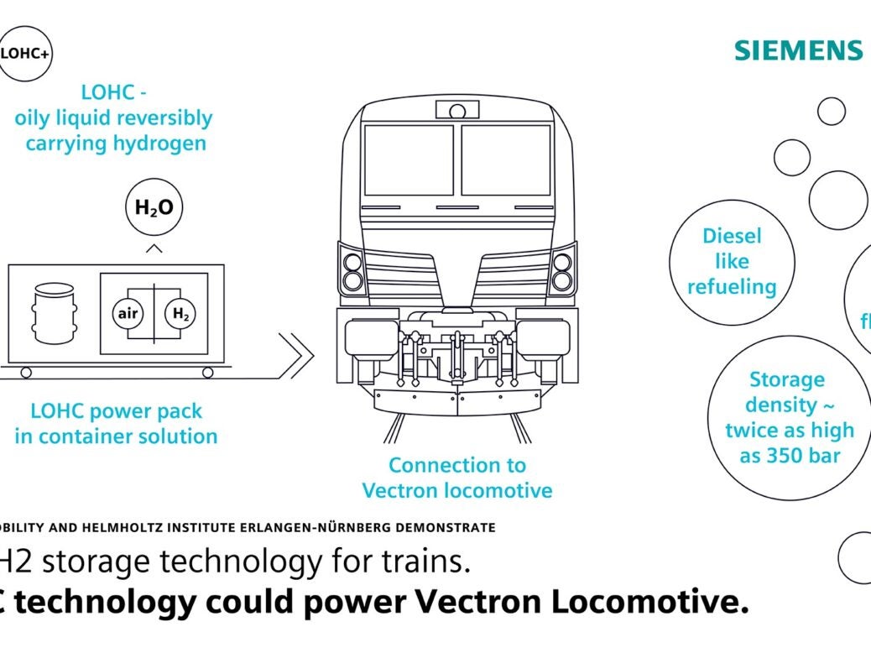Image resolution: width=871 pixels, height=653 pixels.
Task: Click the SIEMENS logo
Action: coord(798,50)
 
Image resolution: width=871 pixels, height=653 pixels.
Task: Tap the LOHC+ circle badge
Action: coord(24,52)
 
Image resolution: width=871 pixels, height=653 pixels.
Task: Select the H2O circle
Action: coord(154,206)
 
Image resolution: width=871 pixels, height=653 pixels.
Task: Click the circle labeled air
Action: coord(128,314)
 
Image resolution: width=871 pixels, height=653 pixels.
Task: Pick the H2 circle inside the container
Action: coord(180,314)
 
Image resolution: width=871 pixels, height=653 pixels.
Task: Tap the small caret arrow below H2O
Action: coord(154,248)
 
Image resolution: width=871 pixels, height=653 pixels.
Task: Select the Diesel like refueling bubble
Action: coord(732,261)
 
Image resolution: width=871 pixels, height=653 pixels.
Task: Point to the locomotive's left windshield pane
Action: coord(409,160)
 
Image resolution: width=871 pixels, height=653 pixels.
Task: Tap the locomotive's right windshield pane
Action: coord(506,160)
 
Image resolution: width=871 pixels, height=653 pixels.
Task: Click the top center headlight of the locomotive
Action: coord(457,110)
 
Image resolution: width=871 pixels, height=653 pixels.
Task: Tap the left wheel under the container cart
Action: coord(26,372)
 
